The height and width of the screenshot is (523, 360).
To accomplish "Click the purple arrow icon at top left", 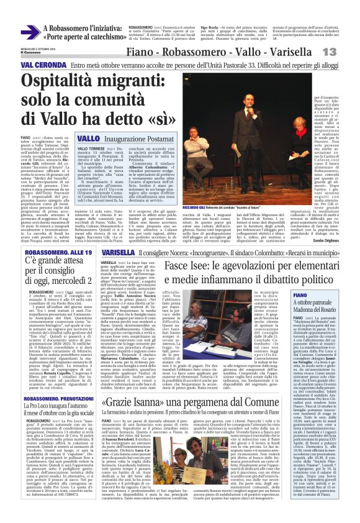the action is tap(29, 32).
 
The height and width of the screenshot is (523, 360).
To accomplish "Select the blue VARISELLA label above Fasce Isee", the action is tap(117, 253).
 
